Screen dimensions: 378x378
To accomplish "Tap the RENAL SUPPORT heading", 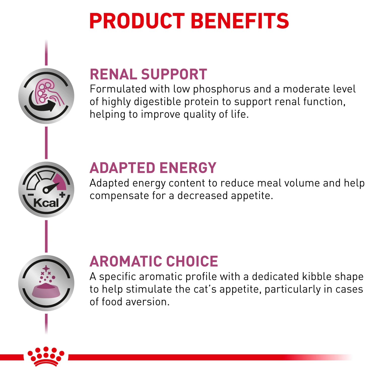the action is [148, 74].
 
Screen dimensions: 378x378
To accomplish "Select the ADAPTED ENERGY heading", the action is [153, 168].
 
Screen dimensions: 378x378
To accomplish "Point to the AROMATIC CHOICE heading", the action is [154, 261].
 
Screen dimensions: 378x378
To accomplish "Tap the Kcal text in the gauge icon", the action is [46, 203].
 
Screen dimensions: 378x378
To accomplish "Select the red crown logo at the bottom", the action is [46, 356].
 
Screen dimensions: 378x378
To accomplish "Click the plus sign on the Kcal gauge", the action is [62, 195].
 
